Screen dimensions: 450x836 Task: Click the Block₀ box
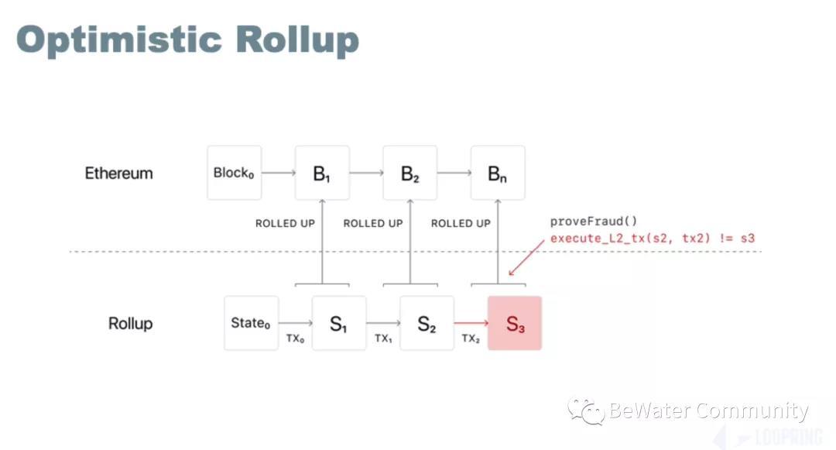coord(234,173)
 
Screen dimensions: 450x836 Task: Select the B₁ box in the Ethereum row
coord(322,173)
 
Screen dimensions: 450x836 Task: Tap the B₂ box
coord(410,173)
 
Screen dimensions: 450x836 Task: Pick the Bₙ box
coord(498,173)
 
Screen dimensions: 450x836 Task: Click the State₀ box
coord(251,323)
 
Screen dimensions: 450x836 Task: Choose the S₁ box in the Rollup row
coord(339,323)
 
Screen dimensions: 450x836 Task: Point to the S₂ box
coord(427,323)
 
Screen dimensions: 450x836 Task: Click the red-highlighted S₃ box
coord(515,323)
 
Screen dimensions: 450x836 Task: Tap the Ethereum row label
coord(118,173)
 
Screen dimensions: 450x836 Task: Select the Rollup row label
coord(130,323)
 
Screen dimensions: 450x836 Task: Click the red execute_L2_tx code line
coord(652,238)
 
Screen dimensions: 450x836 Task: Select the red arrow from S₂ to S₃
coord(471,323)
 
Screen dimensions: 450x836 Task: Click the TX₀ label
coord(295,338)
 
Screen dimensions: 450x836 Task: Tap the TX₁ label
coord(383,338)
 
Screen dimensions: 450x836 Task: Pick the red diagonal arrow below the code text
coord(526,257)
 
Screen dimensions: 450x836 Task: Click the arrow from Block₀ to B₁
coord(279,173)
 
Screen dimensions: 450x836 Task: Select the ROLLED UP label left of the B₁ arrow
coord(285,223)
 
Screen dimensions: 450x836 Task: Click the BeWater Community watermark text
coord(708,410)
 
